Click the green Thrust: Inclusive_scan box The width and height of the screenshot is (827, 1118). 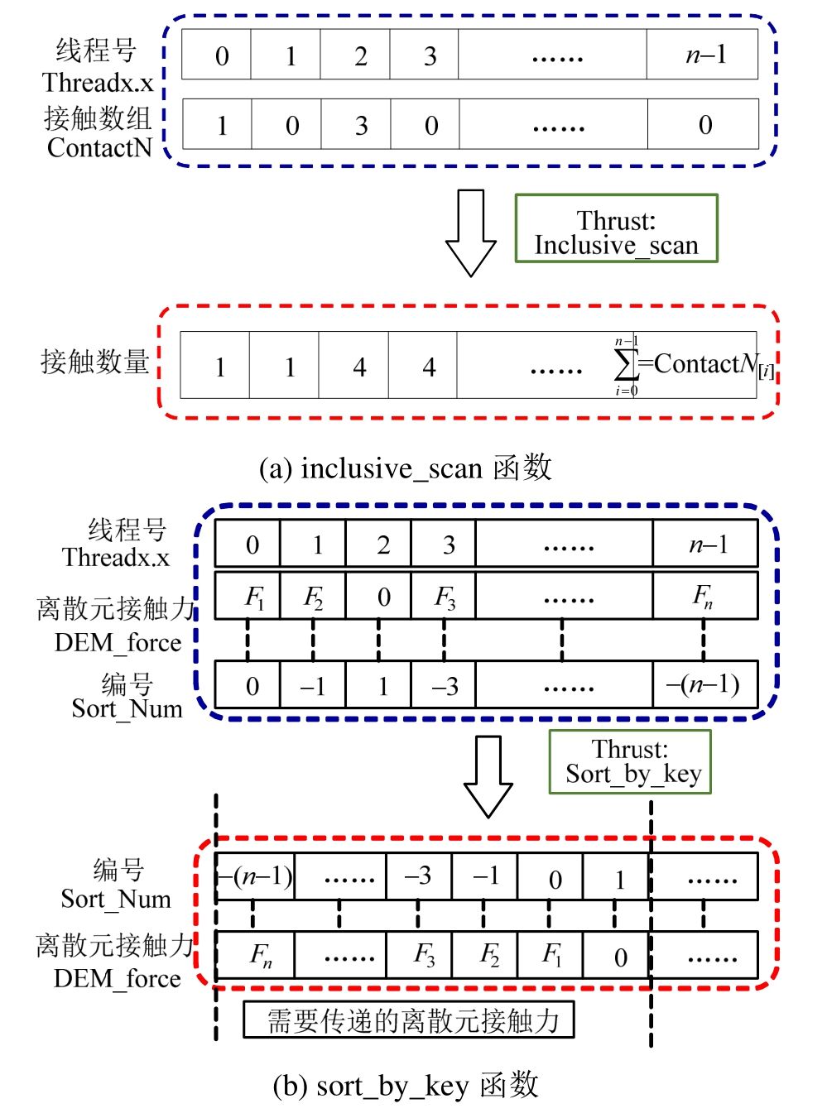pos(616,228)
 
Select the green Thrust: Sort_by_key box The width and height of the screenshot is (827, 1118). pos(630,761)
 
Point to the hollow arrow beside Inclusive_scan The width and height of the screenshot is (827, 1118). pos(470,233)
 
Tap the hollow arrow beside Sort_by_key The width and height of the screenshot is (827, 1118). pos(488,775)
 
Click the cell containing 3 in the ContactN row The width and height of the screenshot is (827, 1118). pos(361,125)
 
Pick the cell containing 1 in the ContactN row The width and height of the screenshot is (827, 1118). pos(222,125)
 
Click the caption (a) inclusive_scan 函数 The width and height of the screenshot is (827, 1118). pos(405,468)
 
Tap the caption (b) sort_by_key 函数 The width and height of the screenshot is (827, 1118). pos(405,1085)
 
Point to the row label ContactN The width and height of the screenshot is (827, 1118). pos(99,148)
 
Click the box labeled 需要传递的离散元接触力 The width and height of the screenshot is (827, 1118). pos(408,1020)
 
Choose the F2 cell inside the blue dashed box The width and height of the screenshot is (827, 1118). pos(313,596)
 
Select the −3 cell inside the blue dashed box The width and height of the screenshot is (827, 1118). pos(444,685)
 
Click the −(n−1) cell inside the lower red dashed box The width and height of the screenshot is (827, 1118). pos(255,876)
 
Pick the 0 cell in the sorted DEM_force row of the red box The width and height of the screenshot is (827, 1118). pos(620,957)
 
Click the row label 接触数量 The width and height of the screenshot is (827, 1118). pos(94,362)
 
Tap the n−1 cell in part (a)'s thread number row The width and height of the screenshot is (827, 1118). pos(704,55)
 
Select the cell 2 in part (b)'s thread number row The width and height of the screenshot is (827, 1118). pos(383,545)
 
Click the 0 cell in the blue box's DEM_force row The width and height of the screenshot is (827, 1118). pos(383,597)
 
